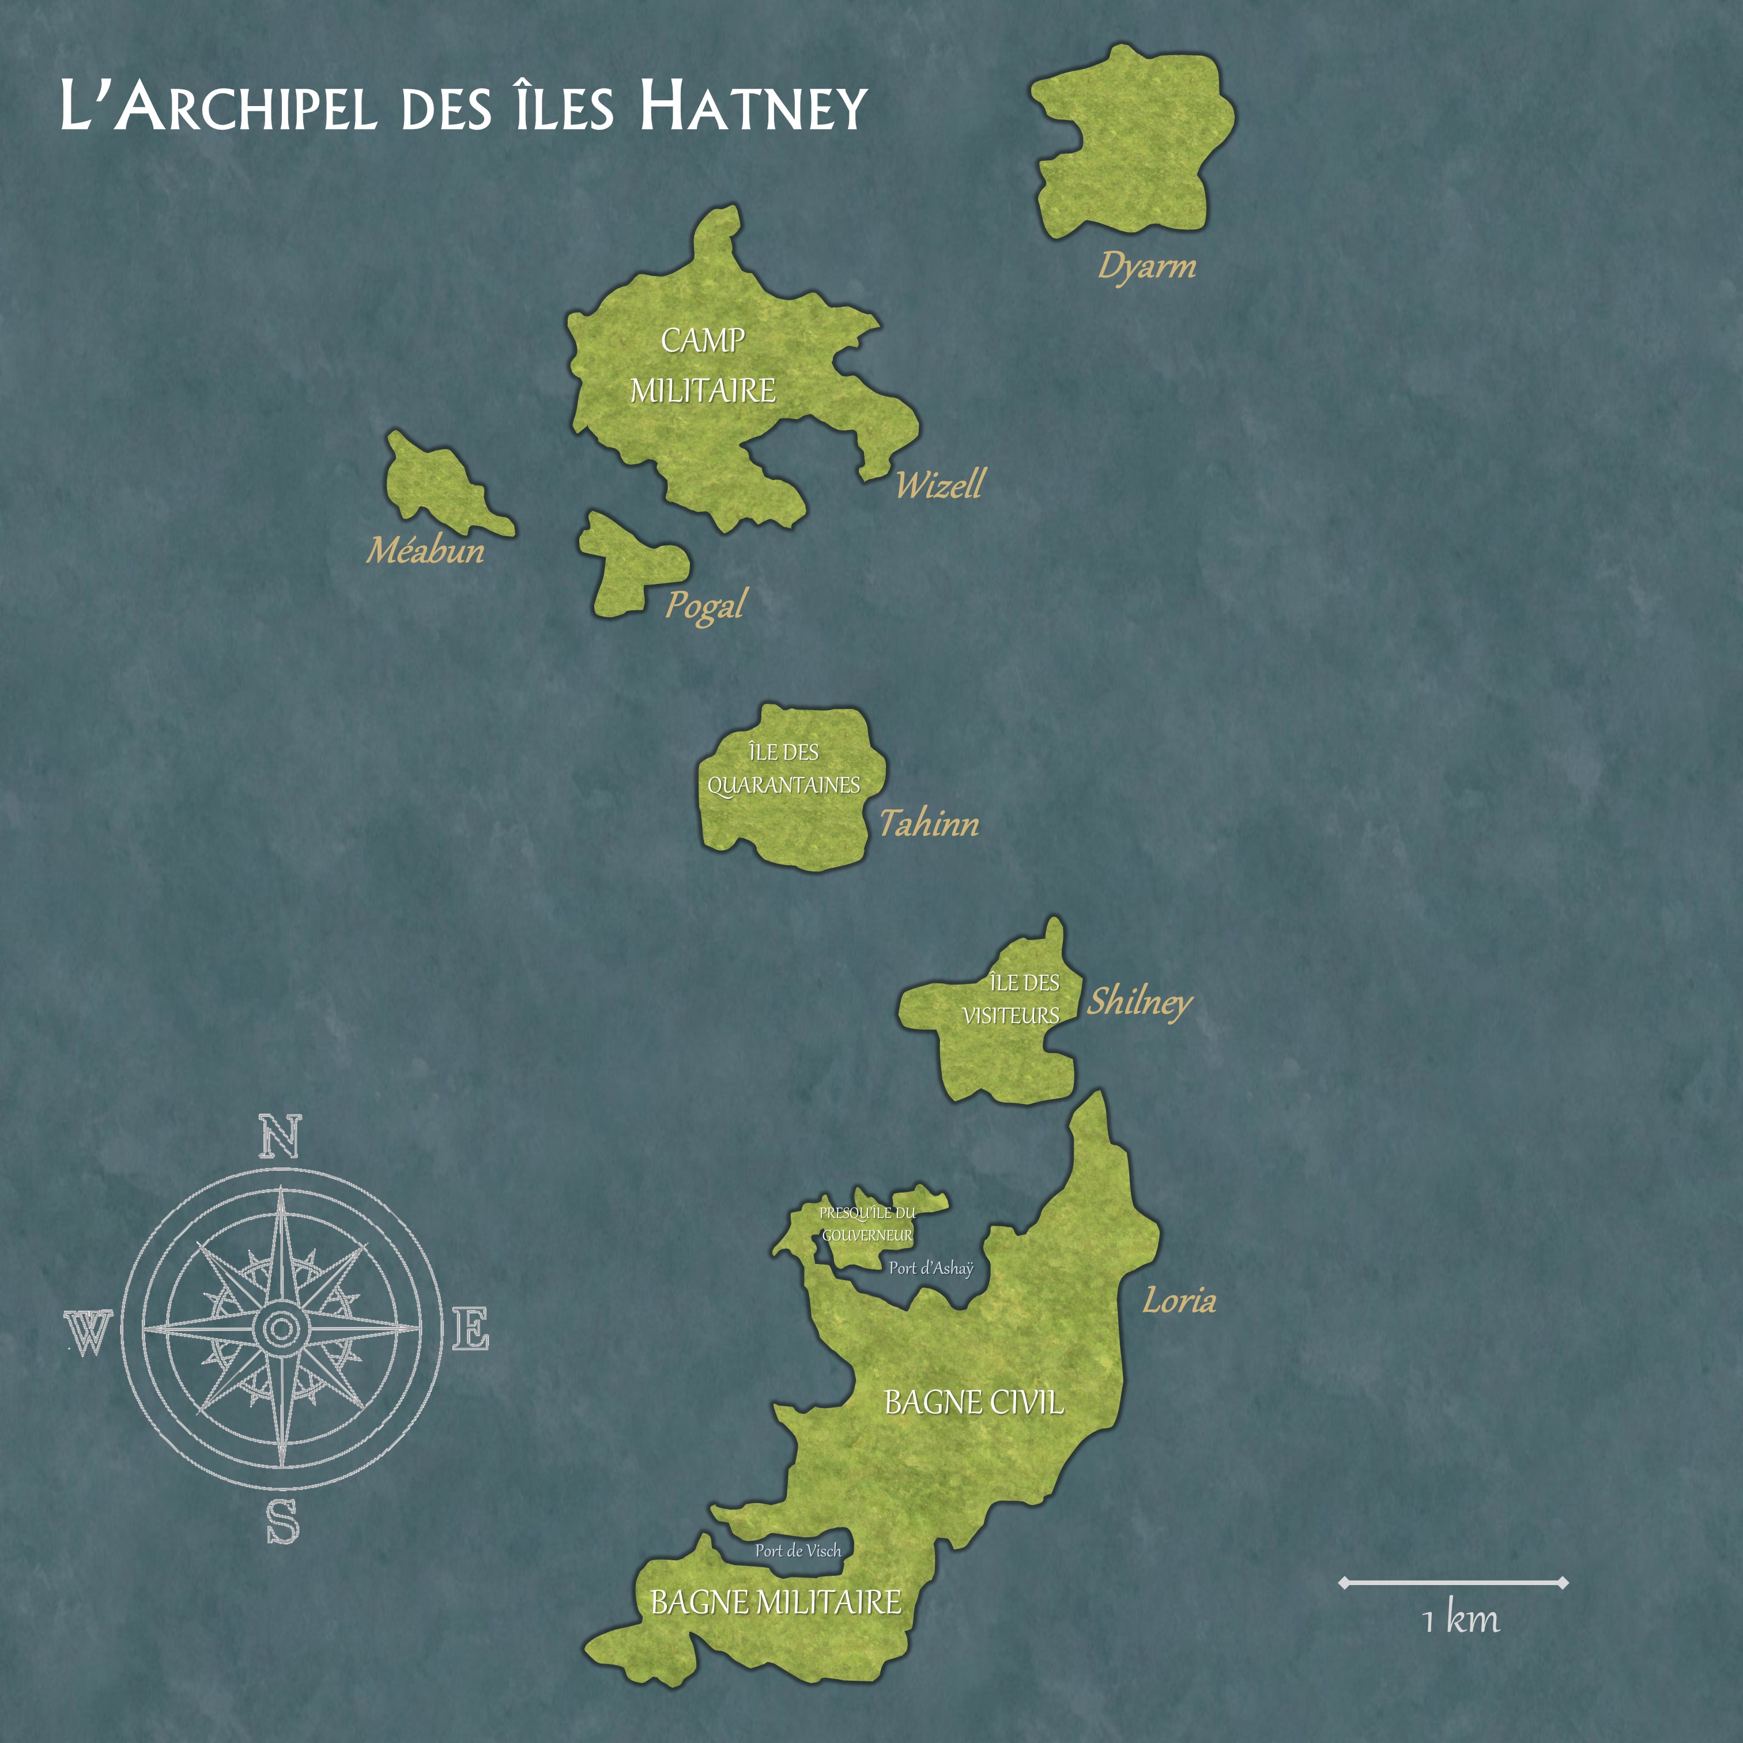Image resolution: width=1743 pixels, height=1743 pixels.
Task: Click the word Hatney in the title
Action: (x=753, y=107)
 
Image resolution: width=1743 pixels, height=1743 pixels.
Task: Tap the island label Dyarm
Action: (x=1146, y=266)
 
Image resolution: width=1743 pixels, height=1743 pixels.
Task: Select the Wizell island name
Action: (x=940, y=485)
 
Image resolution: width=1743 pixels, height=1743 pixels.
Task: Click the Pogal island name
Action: (x=705, y=605)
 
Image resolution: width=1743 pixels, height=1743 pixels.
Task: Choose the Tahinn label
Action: (x=929, y=823)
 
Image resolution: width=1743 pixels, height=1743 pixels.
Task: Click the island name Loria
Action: (x=1179, y=1301)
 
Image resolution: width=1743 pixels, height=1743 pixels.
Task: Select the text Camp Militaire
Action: (x=703, y=365)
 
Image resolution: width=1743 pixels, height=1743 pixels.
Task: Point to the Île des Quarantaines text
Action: (x=783, y=769)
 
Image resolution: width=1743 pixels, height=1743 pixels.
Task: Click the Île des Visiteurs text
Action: (x=1012, y=999)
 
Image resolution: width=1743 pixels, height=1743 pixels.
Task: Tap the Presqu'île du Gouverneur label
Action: (x=867, y=1223)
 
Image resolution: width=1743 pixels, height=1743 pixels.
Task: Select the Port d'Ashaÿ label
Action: (x=931, y=1267)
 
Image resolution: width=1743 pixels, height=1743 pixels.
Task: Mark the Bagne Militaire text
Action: (x=776, y=1602)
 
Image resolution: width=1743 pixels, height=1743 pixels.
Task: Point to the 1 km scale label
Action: (x=1460, y=1620)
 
